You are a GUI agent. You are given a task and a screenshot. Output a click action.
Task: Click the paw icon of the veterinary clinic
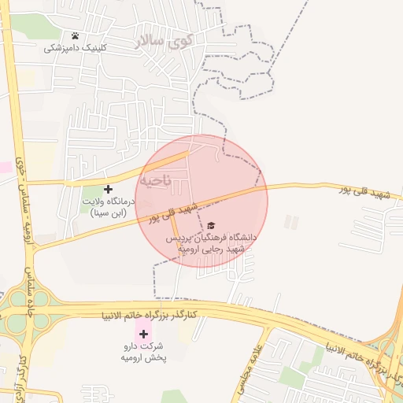pos(75,35)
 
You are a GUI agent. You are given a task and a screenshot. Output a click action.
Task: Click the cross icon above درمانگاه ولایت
pos(109,189)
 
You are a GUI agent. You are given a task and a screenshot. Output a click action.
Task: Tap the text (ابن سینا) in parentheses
pos(109,213)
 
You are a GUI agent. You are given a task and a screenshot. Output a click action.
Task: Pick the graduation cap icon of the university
pos(209,226)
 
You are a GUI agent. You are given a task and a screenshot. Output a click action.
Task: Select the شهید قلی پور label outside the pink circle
pos(371,194)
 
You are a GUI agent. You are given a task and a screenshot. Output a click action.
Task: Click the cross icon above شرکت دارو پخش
pos(143,334)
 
